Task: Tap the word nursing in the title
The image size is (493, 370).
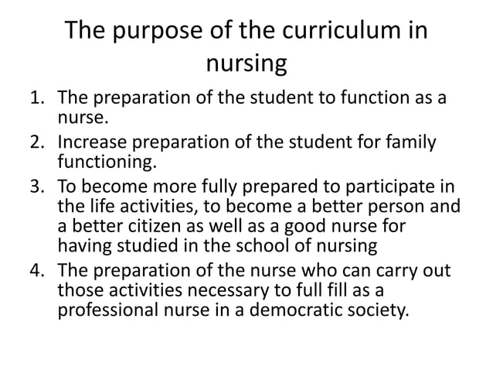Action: tap(247, 63)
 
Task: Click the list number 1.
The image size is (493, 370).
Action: tap(36, 99)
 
